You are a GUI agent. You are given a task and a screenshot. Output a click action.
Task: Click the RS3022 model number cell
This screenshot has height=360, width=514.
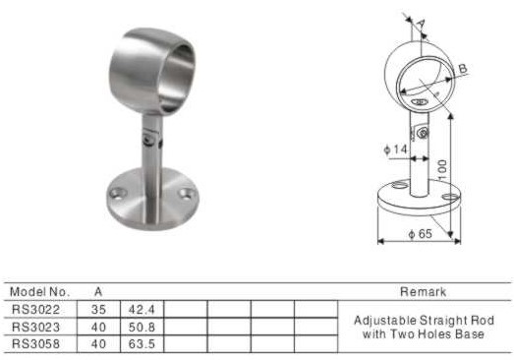coord(36,310)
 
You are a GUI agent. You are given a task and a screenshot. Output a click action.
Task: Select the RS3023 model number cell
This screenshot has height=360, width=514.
coord(36,327)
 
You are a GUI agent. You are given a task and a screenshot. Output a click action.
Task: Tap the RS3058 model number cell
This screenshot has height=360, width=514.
coord(36,344)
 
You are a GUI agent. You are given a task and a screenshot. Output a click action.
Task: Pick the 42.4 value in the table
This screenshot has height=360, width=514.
coord(142,310)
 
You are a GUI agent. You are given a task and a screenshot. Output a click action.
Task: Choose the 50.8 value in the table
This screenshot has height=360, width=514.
coord(142,327)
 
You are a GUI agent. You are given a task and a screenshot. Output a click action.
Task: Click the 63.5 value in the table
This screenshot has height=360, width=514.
coord(142,344)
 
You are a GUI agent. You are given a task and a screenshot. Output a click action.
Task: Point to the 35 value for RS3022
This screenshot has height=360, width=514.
coord(98,310)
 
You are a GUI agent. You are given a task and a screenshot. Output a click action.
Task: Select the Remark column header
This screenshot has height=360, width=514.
coord(423,292)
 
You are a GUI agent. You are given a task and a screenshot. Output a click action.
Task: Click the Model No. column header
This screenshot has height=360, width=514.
coord(40,292)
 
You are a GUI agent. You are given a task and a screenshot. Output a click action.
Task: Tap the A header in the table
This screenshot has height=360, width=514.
coord(98,292)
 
